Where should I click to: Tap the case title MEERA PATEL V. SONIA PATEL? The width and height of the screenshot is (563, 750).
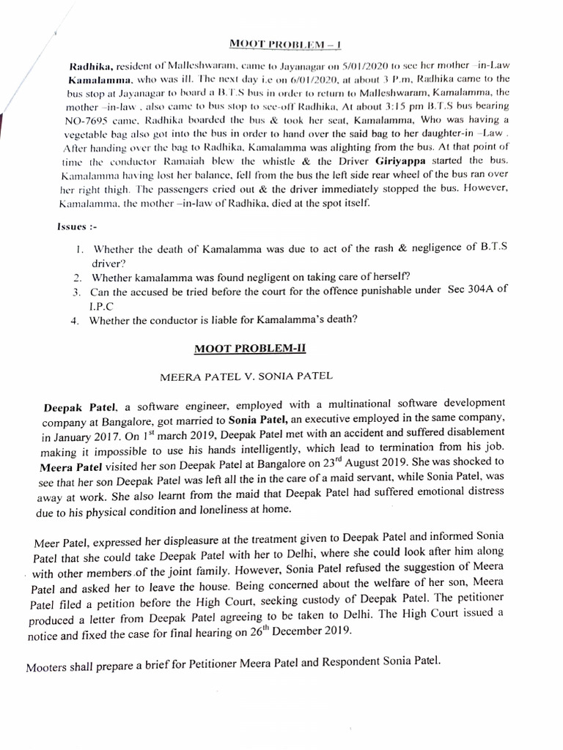point(246,376)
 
